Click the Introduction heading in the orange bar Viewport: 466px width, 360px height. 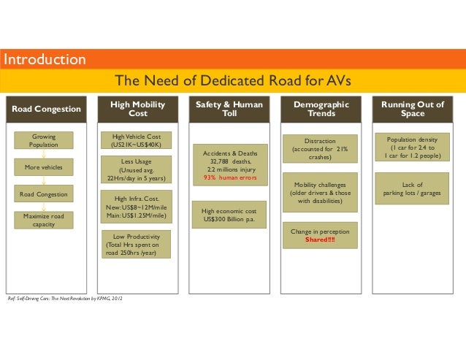point(44,59)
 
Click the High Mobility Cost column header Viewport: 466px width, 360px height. point(137,110)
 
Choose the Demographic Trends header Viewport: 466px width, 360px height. point(321,110)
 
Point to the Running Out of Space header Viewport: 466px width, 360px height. point(412,110)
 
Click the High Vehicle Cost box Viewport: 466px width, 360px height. point(137,141)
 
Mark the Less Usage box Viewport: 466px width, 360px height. point(137,169)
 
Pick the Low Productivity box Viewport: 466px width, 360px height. point(137,245)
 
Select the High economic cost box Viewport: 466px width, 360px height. point(229,215)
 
